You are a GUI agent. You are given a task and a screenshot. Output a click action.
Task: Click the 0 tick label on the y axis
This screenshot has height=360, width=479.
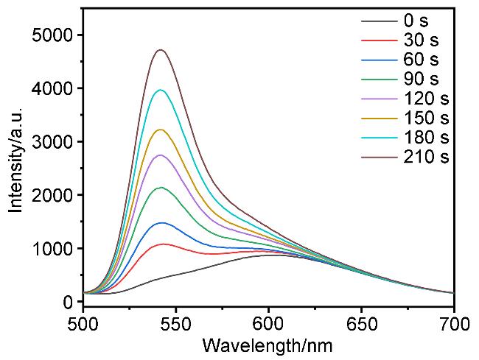tap(67, 302)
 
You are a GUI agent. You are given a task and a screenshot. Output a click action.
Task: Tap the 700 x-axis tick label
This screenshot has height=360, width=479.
tap(452, 322)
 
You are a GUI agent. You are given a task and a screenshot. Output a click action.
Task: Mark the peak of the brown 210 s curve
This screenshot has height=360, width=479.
tap(160, 50)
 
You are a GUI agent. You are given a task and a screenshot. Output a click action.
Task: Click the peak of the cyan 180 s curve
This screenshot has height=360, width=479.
tap(160, 90)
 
